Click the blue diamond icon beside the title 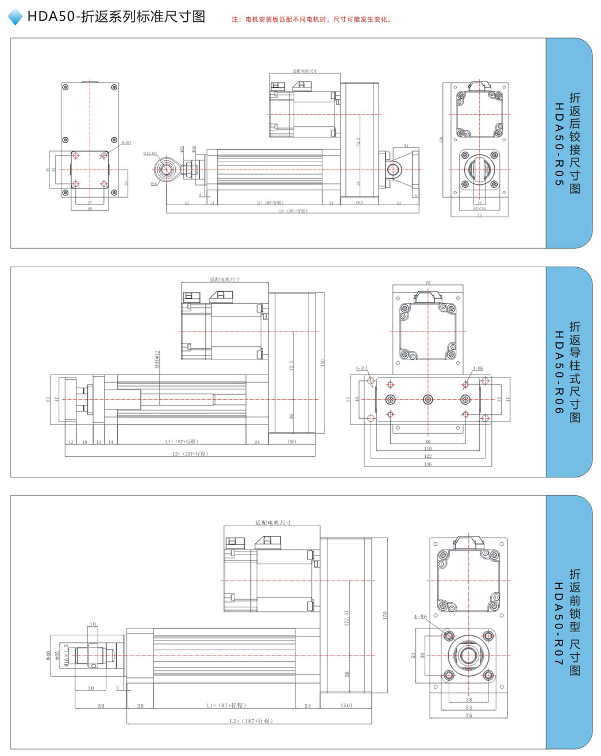16,17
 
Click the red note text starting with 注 312,20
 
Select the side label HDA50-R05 558,144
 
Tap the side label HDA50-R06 558,372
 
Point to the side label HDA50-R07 558,623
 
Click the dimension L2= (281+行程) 293,211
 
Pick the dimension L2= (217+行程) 190,454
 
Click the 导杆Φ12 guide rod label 157,359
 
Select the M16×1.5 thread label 67,655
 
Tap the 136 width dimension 427,464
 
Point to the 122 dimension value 427,456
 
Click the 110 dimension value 427,449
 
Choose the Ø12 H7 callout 150,153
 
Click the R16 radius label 154,184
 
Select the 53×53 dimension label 479,209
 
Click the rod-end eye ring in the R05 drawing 167,169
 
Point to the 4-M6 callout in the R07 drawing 421,617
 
